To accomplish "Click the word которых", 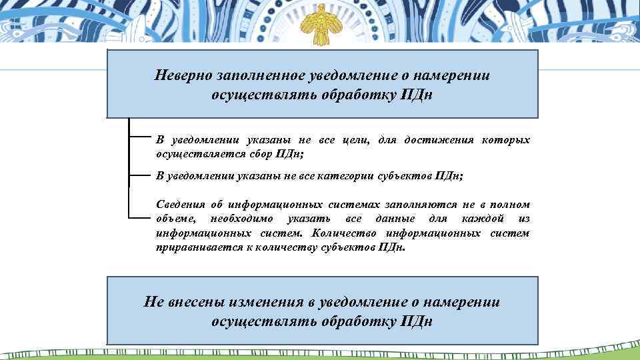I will coord(507,140).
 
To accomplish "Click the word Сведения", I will coord(179,206).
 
